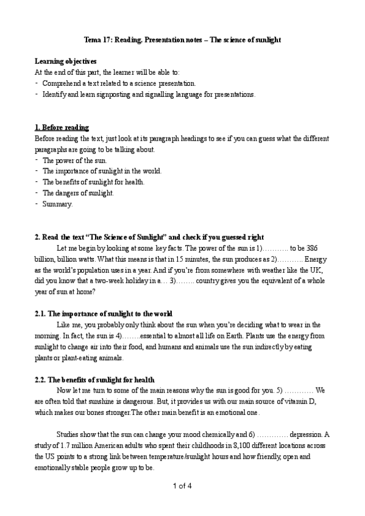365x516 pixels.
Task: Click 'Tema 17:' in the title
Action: (x=96, y=40)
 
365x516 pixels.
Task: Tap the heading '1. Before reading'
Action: (x=62, y=127)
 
